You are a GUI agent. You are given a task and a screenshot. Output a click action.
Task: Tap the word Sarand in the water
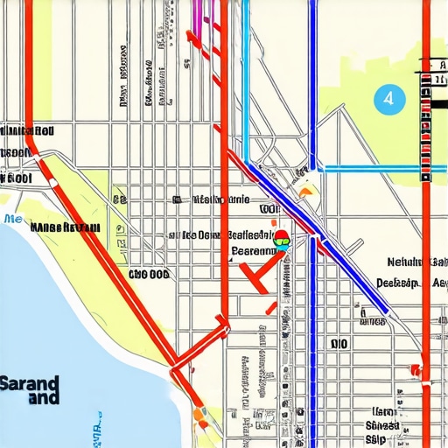(x=30, y=383)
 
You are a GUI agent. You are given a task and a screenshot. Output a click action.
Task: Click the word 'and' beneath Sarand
(x=43, y=398)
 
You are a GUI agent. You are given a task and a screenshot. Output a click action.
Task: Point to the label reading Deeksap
(x=399, y=283)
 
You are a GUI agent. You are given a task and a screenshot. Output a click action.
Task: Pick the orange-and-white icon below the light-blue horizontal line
(x=305, y=183)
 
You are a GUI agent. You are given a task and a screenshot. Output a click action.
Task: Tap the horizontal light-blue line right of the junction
(x=376, y=169)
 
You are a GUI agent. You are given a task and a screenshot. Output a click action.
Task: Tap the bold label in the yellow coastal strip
(x=64, y=227)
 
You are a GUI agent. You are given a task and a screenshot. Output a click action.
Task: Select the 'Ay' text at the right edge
(x=439, y=283)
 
